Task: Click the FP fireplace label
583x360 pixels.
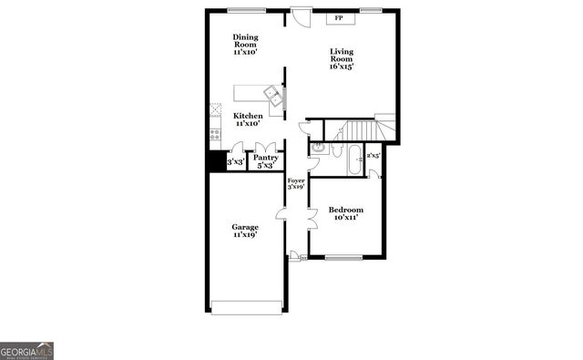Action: pos(339,18)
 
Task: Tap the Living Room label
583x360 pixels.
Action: pos(342,60)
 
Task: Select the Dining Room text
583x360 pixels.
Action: pos(244,45)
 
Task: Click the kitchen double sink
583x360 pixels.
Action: pos(272,93)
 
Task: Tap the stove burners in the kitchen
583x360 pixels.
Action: pos(216,134)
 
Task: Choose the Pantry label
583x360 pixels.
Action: pos(265,161)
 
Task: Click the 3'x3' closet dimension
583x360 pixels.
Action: pos(235,162)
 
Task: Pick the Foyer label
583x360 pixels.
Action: pos(296,185)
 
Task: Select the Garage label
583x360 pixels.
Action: pos(244,231)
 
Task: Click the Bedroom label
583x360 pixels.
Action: pos(346,213)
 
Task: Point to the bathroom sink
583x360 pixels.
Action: pos(319,149)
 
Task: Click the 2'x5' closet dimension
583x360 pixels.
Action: pos(373,156)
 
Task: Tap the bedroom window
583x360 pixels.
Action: pos(344,257)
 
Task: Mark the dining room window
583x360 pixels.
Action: pos(241,10)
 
